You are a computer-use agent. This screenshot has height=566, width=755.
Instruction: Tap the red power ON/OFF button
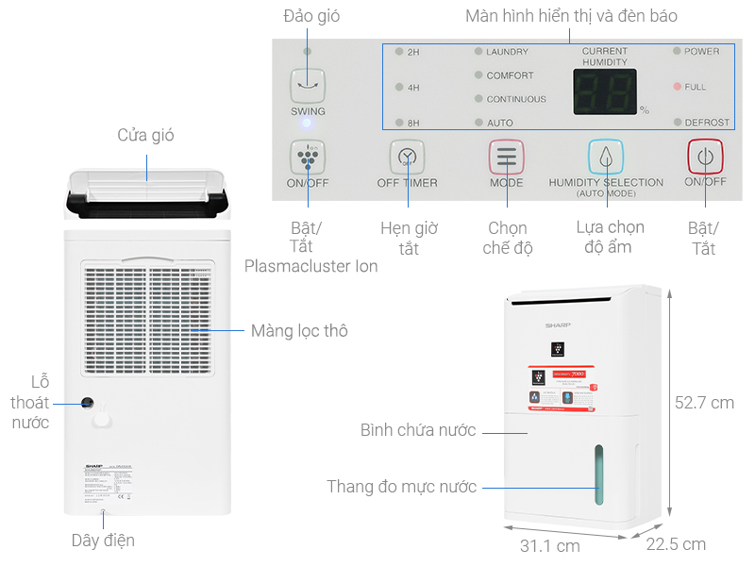[x=703, y=157]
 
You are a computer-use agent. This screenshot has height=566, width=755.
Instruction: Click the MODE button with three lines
[x=506, y=157]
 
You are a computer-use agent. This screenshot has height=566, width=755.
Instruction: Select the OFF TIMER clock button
[x=407, y=157]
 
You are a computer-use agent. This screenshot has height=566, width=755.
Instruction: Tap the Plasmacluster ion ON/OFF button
[x=308, y=157]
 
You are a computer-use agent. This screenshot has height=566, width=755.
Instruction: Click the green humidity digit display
[x=604, y=92]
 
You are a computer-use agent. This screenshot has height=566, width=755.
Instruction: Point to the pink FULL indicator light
[x=677, y=87]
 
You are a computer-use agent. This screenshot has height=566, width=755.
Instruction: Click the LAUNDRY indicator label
[x=507, y=52]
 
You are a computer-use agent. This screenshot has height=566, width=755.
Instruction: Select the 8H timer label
[x=413, y=123]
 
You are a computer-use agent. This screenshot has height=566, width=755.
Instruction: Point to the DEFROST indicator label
[x=707, y=123]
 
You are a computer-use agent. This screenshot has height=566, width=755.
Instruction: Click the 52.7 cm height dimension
[x=704, y=403]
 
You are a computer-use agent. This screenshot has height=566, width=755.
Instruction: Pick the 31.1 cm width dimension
[x=549, y=545]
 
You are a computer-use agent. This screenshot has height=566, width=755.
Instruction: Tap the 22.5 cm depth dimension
[x=676, y=544]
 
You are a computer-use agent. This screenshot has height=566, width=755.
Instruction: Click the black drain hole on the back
[x=87, y=403]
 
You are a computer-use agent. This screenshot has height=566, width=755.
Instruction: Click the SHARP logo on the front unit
[x=559, y=325]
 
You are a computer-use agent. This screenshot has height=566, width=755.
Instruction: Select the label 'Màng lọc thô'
[x=299, y=331]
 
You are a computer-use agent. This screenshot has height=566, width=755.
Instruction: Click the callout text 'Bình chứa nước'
[x=418, y=430]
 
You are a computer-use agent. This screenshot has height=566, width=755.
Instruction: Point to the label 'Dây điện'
[x=103, y=541]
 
